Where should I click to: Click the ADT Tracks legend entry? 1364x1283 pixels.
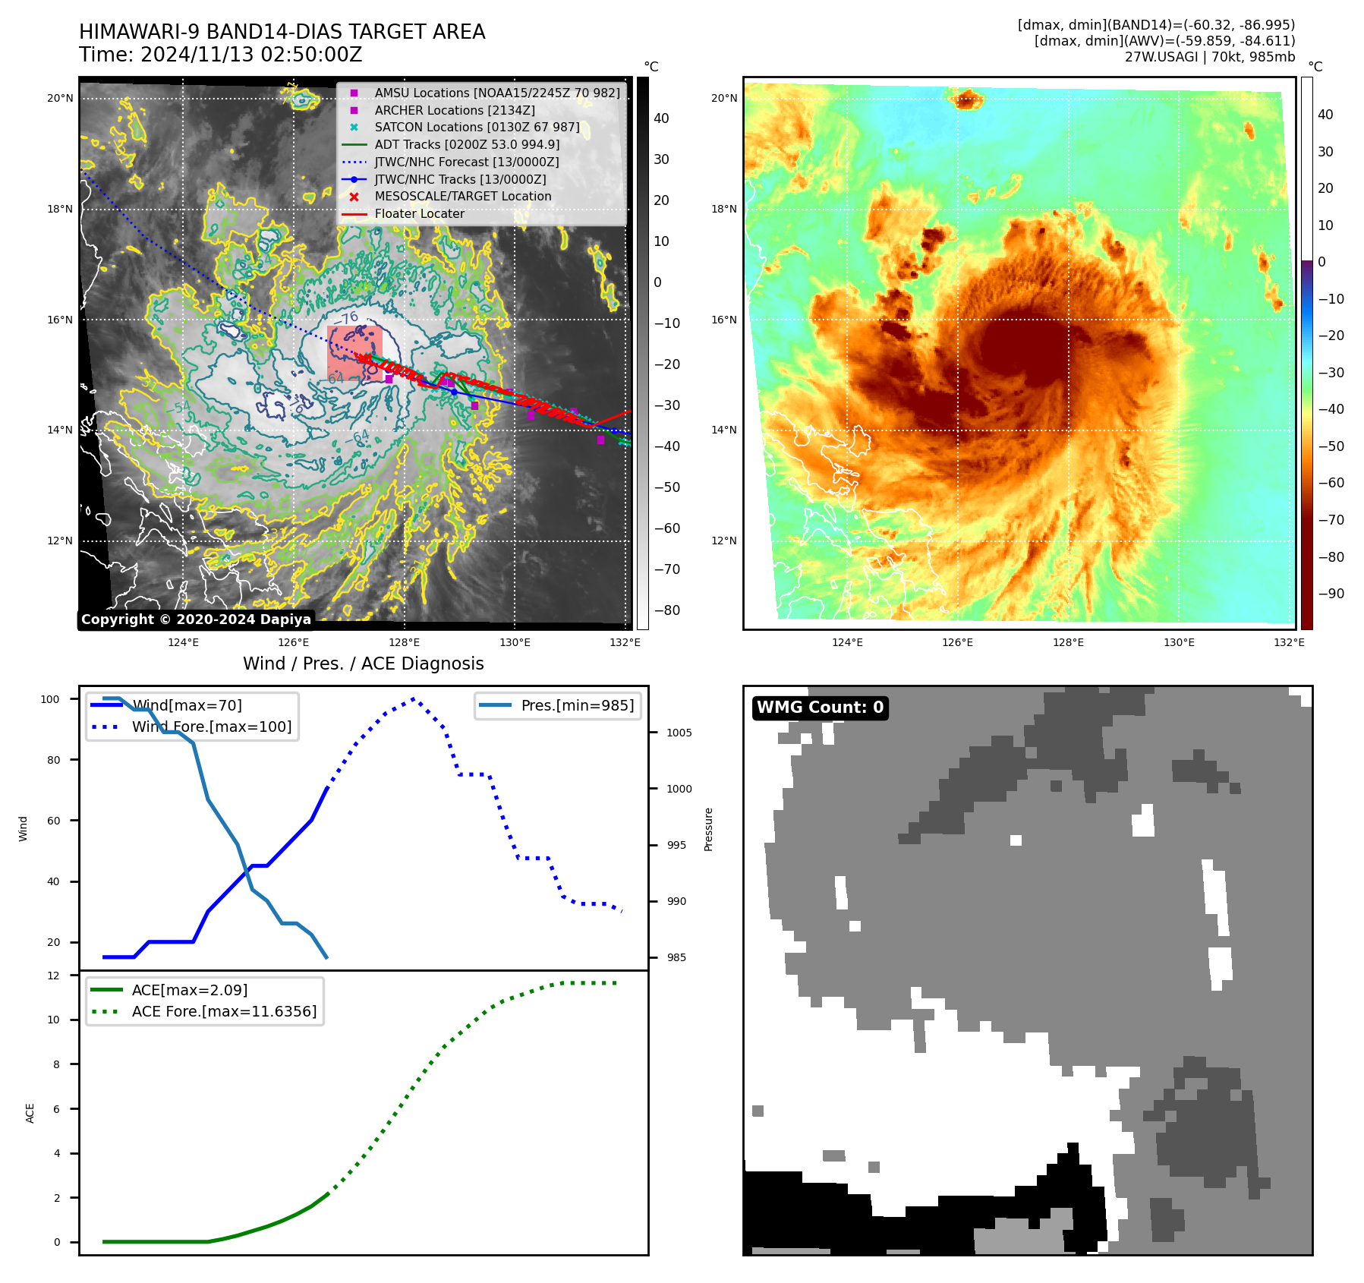tap(467, 144)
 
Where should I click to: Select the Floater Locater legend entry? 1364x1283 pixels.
tap(419, 214)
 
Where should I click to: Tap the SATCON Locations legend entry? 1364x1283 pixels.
tap(477, 127)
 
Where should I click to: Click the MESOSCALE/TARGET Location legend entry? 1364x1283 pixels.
tap(462, 197)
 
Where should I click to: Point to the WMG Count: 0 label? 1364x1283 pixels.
tap(820, 708)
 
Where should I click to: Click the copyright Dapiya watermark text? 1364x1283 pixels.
tap(196, 619)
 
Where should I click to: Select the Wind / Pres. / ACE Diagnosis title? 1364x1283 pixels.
tap(363, 664)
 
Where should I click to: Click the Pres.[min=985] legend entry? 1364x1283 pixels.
tap(577, 705)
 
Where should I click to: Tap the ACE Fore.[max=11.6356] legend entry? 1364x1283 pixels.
tap(224, 1011)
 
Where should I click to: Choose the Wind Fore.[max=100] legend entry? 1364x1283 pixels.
tap(211, 727)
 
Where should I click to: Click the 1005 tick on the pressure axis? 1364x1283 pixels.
tap(679, 733)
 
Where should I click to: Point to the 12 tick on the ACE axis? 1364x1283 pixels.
tap(54, 976)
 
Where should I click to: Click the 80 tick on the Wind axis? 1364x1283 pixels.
tap(54, 760)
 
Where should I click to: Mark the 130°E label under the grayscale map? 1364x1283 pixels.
tap(515, 642)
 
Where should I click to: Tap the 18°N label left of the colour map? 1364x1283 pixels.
tap(723, 210)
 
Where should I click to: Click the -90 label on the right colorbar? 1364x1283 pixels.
tap(1331, 594)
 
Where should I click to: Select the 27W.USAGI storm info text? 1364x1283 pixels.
tap(1209, 57)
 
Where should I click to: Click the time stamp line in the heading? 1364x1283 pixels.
tap(220, 55)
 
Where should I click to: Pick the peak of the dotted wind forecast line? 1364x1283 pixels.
tap(413, 698)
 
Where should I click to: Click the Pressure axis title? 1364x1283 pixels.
tap(708, 829)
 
